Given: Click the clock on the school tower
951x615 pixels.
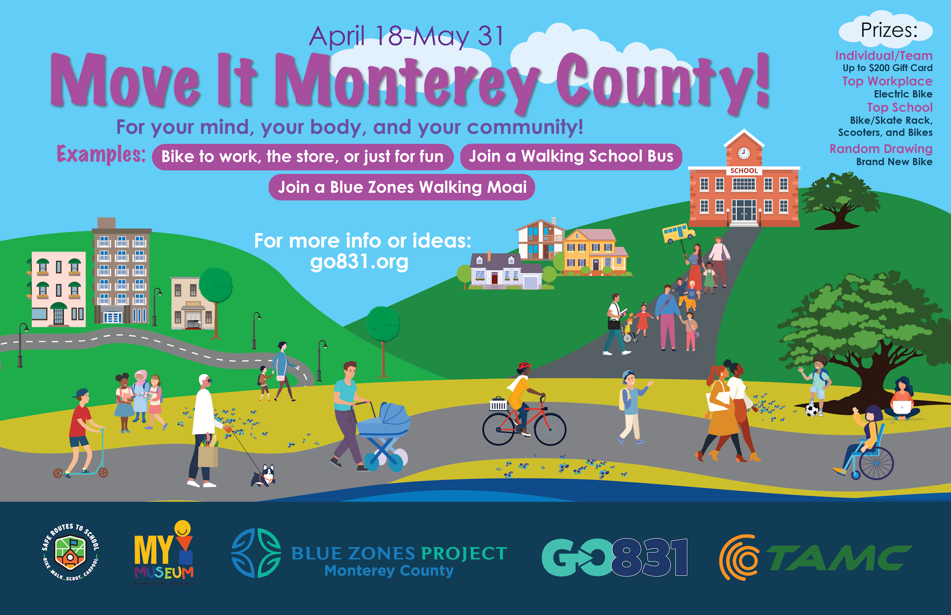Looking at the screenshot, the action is tap(744, 153).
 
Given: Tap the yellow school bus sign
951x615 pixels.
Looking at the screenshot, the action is tap(678, 233).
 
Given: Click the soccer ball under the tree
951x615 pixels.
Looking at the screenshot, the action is tap(812, 410).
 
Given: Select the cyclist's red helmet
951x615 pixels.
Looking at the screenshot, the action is tap(524, 367).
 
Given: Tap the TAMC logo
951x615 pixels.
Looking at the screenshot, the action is tap(815, 557).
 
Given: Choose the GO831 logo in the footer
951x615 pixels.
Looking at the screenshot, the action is tap(615, 557).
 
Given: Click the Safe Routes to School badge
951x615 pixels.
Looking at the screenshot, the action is tap(70, 552).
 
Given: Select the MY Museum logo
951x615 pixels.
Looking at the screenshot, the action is tap(164, 552).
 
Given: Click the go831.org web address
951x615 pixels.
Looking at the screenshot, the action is tap(359, 262).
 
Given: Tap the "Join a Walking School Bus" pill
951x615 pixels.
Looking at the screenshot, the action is tap(571, 156).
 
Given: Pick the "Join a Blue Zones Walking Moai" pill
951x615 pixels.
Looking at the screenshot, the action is tap(402, 187).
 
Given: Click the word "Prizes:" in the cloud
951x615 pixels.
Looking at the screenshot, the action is tap(889, 30).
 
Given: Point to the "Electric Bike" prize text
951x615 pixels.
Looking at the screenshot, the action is tap(903, 94).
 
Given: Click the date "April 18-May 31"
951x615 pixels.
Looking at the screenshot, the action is tap(406, 36).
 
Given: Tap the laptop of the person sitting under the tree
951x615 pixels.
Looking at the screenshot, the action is tap(902, 407).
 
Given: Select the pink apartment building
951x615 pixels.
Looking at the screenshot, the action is tap(58, 289).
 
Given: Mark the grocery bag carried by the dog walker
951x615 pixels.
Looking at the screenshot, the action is tap(208, 454).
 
